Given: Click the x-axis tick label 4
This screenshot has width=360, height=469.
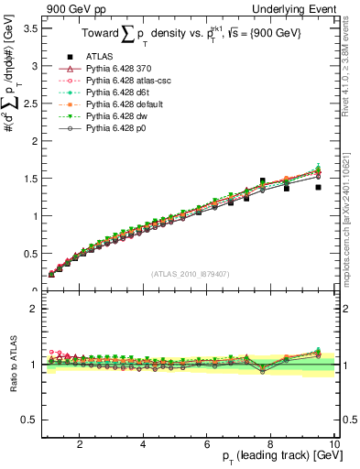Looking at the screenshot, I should [x=143, y=444].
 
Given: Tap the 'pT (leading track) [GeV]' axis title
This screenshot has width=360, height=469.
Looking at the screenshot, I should [x=275, y=458].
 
